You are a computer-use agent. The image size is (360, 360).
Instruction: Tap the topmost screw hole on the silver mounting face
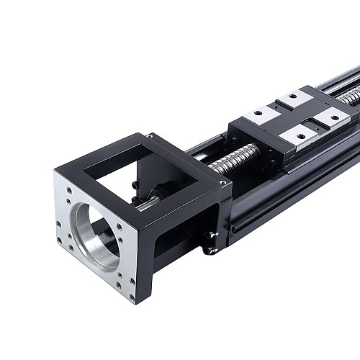coord(70,192)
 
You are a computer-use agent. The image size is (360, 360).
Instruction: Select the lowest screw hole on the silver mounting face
coord(131,295)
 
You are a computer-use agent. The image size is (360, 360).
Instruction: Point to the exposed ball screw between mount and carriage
coord(235,158)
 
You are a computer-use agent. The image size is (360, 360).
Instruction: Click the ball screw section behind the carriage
coord(350,95)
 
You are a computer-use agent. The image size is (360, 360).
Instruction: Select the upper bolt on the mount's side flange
coord(212,233)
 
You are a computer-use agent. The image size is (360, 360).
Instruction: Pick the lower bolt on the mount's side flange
coord(210,251)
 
